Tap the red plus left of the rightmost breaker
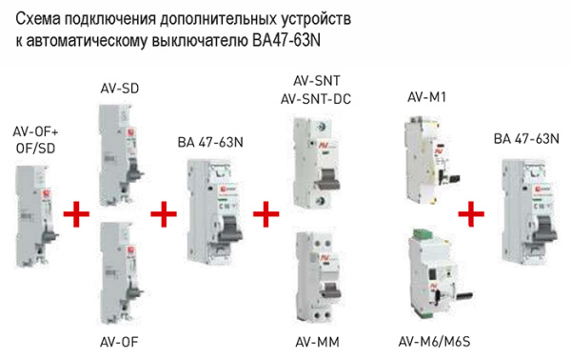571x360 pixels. pyautogui.click(x=468, y=213)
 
